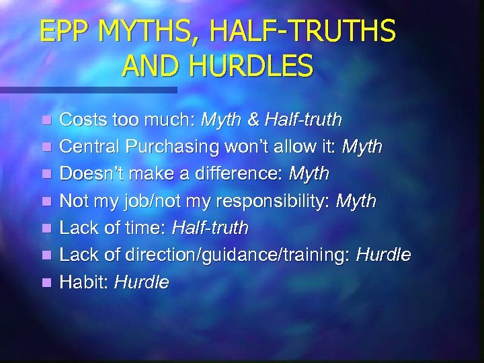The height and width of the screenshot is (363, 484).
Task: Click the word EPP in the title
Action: (64, 32)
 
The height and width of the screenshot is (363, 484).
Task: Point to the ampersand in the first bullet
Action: (254, 120)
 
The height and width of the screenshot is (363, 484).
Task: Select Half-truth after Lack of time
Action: (210, 229)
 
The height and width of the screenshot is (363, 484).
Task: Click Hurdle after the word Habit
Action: (141, 282)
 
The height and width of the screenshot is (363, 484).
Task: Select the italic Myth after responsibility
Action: (356, 201)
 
